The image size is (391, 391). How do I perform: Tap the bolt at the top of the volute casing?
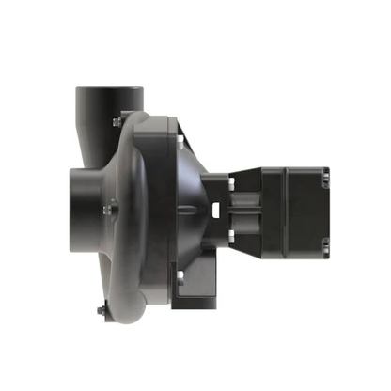click(117, 121)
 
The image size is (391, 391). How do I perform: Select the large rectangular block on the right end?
click(291, 212)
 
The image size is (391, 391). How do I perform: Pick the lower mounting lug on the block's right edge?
click(324, 246)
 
